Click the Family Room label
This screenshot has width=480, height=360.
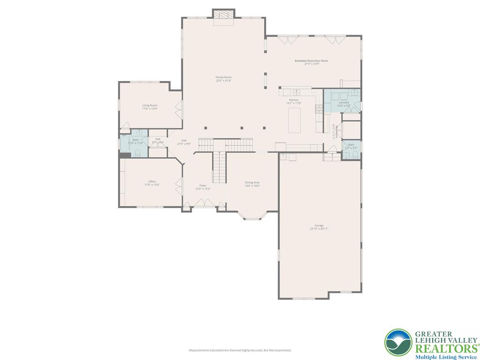[x=224, y=77]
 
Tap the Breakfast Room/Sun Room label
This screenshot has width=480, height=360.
[x=311, y=61]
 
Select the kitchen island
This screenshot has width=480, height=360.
[x=294, y=120]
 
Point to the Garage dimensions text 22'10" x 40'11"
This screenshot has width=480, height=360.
[x=319, y=229]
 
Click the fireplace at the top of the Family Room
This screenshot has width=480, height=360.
[x=223, y=14]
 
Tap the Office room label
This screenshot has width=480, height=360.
[x=152, y=181]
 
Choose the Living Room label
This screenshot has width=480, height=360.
[x=150, y=105]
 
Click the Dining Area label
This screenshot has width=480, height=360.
[x=252, y=182]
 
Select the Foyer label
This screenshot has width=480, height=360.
[x=203, y=186]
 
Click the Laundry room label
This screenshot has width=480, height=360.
[x=343, y=102]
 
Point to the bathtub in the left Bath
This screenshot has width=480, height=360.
[x=125, y=144]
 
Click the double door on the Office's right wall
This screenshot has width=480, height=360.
[x=178, y=186]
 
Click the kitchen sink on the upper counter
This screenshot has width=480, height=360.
[x=296, y=92]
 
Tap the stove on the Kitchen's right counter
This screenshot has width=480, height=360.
[x=319, y=110]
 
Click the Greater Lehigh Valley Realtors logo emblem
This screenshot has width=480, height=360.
[x=398, y=343]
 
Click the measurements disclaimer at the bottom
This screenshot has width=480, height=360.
[x=240, y=350]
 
